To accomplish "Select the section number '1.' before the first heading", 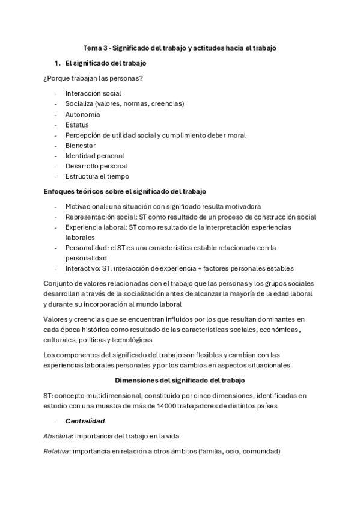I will [58, 63].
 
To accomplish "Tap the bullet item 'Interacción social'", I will [93, 93].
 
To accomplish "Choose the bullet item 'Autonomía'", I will [82, 114].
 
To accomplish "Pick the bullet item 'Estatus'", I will [77, 124].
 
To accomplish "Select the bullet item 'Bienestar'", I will [81, 146].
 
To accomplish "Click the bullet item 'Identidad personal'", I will [94, 156].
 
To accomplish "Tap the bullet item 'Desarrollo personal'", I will [96, 166].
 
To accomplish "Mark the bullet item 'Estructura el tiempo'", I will [97, 176].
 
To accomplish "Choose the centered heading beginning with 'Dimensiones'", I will [180, 381].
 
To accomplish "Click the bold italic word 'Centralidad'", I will [85, 421].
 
